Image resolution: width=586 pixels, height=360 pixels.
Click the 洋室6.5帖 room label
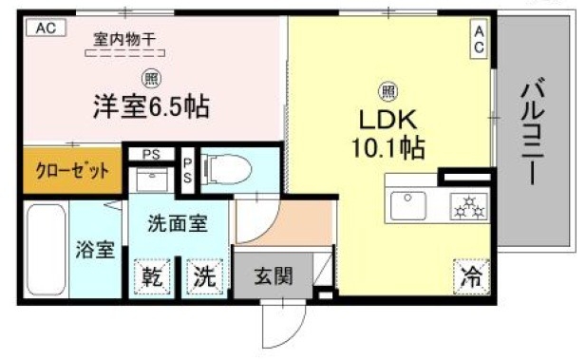150,105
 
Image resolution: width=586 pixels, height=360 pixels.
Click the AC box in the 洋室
46,29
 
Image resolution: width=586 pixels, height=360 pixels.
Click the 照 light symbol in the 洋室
150,79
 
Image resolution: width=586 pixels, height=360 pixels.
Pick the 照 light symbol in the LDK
388,91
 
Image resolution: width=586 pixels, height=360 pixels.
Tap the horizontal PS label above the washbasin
150,154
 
